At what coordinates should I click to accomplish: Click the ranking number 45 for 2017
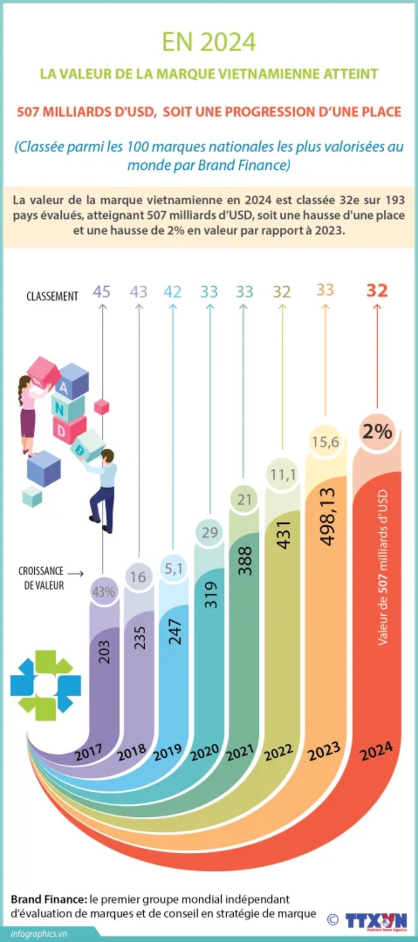point(102,292)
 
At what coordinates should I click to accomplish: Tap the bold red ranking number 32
point(377,290)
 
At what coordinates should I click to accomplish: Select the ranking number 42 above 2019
point(172,292)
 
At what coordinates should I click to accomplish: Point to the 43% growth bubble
point(104,591)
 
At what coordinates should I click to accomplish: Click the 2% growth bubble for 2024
point(377,431)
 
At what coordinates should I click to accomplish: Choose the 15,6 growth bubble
point(325,441)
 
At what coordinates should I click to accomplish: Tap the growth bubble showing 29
point(210,532)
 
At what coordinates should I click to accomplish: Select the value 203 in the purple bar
point(104,652)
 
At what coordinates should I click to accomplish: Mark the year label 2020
point(205,751)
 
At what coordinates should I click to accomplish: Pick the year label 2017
point(89,752)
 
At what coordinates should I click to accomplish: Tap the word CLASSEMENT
point(52,296)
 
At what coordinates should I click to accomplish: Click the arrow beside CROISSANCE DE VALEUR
point(75,574)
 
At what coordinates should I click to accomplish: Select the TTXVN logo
point(376,921)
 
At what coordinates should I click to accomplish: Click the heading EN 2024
point(209,42)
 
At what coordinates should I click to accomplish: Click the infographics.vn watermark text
point(39,933)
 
